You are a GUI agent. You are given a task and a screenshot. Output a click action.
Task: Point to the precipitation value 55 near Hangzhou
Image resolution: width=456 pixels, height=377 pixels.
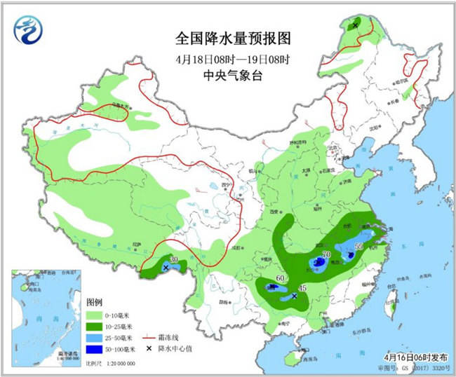tap(358, 247)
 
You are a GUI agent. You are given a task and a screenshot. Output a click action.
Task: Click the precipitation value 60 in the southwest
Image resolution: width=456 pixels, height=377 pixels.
tap(280, 279)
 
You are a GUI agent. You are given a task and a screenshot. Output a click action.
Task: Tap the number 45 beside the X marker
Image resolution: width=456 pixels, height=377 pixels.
tap(303, 288)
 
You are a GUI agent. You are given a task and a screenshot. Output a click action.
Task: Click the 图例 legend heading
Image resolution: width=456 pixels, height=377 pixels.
tap(95, 302)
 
